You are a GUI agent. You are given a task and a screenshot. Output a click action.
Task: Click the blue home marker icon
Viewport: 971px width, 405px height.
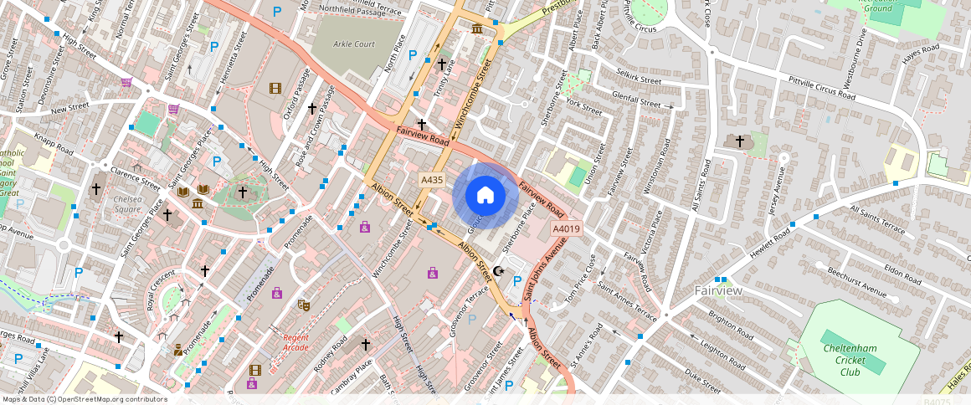[485, 195]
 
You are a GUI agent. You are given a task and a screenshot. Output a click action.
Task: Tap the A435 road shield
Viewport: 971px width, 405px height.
[432, 180]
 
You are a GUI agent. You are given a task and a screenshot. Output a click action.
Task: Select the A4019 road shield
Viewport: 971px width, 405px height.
[566, 228]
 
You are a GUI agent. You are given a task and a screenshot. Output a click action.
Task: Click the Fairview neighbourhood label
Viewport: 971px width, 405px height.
[718, 290]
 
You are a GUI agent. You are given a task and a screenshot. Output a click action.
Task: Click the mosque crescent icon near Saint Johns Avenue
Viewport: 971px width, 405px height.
[500, 270]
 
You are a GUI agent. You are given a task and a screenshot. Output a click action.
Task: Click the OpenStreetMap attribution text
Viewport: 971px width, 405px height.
[85, 399]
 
